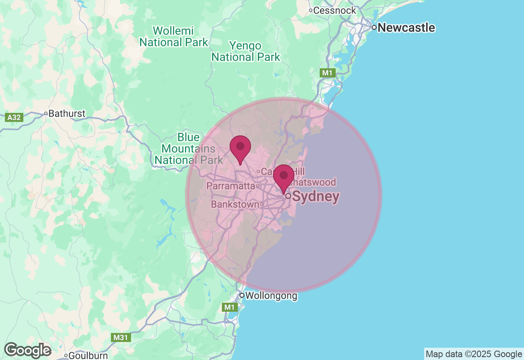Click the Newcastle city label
pyautogui.click(x=406, y=28)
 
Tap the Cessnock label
pyautogui.click(x=334, y=11)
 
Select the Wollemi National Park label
pyautogui.click(x=174, y=36)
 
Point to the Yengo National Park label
pyautogui.click(x=246, y=51)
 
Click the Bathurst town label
pyautogui.click(x=67, y=113)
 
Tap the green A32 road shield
pyautogui.click(x=14, y=118)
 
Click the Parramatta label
pyautogui.click(x=230, y=186)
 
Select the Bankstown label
pyautogui.click(x=235, y=204)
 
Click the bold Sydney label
pyautogui.click(x=316, y=197)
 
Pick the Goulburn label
pyautogui.click(x=88, y=355)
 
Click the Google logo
pyautogui.click(x=27, y=351)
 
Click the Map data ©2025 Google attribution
pyautogui.click(x=474, y=354)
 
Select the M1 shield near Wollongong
pyautogui.click(x=230, y=307)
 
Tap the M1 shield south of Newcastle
pyautogui.click(x=327, y=73)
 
